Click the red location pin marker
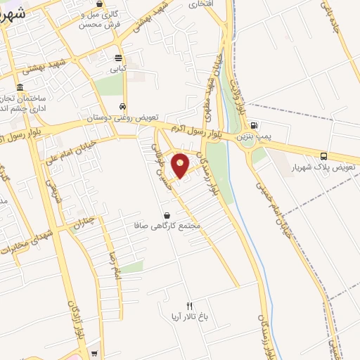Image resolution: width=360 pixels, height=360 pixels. tap(181, 164)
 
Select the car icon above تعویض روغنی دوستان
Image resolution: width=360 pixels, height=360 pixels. tap(123, 106)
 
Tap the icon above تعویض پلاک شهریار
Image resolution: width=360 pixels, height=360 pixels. tap(323, 156)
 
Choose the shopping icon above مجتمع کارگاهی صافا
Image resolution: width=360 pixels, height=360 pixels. tap(167, 214)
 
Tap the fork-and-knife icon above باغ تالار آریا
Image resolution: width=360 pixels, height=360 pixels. tap(188, 303)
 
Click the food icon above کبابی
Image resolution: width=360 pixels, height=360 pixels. tap(118, 58)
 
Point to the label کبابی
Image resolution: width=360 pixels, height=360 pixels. tap(117, 70)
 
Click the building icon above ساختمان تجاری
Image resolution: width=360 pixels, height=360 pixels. tap(18, 86)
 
